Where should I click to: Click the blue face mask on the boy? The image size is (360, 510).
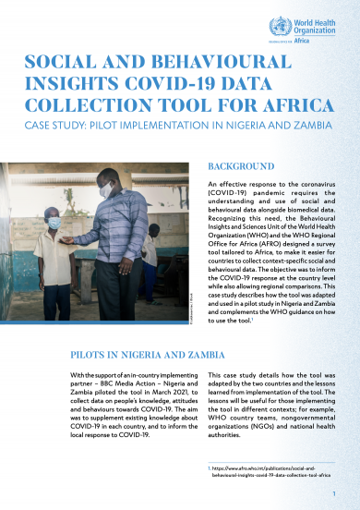click(54, 222)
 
